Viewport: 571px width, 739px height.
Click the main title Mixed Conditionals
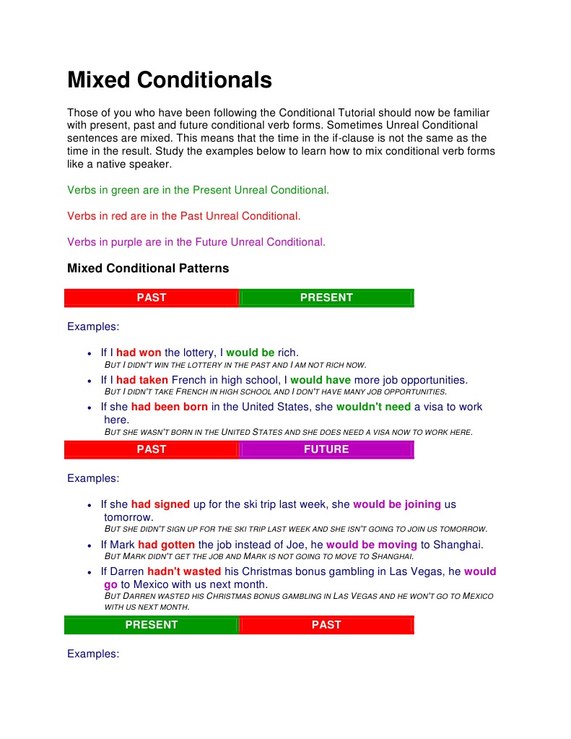pyautogui.click(x=170, y=79)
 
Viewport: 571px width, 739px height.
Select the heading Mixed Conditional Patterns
pyautogui.click(x=148, y=269)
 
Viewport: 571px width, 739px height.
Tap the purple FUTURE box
pyautogui.click(x=326, y=449)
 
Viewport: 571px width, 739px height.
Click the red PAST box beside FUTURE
pyautogui.click(x=152, y=449)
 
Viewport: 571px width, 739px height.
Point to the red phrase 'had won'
pyautogui.click(x=139, y=353)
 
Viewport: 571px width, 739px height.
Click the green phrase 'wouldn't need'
pyautogui.click(x=373, y=407)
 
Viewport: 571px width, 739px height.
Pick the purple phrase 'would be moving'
pyautogui.click(x=372, y=545)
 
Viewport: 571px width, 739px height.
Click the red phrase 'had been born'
pyautogui.click(x=170, y=407)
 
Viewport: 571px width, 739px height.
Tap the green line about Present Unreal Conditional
pyautogui.click(x=198, y=190)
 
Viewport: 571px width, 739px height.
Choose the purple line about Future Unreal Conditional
pyautogui.click(x=196, y=242)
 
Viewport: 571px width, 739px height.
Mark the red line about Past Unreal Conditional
pyautogui.click(x=184, y=216)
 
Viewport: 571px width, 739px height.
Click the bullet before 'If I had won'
pyautogui.click(x=89, y=354)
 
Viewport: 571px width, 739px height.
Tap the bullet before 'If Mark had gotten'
pyautogui.click(x=89, y=545)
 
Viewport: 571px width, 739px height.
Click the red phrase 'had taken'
pyautogui.click(x=142, y=380)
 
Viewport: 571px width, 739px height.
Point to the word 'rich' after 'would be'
pyautogui.click(x=287, y=353)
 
